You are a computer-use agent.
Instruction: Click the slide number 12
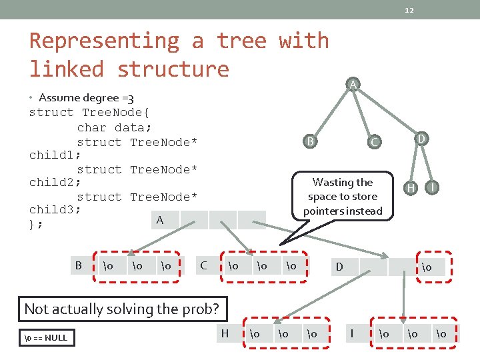coord(409,9)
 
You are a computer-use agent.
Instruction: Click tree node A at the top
coord(353,84)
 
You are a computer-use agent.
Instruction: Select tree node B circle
coord(310,141)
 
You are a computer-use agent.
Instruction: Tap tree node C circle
coord(374,141)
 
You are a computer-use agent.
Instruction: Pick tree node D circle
coord(421,138)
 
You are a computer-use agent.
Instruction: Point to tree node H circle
coord(412,189)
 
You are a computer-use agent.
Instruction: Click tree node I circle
coord(433,188)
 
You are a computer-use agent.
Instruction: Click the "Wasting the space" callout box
coord(343,197)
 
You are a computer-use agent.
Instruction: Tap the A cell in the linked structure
coord(159,220)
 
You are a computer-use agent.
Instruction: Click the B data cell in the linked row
coord(79,265)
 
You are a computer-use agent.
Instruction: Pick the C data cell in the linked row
coord(204,265)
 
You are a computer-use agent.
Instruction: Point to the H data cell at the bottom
coord(225,333)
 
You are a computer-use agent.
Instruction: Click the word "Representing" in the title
coord(104,41)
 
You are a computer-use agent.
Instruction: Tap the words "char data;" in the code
coord(114,127)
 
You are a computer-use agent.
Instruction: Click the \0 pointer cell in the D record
coord(425,267)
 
